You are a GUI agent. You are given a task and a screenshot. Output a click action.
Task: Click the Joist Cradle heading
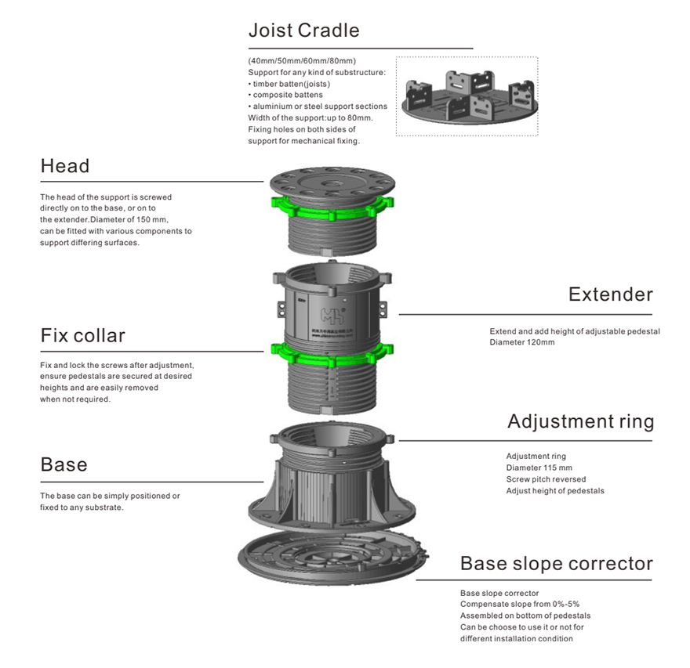pyautogui.click(x=303, y=31)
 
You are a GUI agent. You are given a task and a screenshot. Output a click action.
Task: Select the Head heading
pyautogui.click(x=65, y=166)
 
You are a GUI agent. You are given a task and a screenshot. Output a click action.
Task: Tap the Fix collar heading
pyautogui.click(x=82, y=336)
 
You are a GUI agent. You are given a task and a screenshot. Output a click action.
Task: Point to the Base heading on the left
pyautogui.click(x=64, y=465)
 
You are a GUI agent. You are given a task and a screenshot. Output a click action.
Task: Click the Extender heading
pyautogui.click(x=610, y=294)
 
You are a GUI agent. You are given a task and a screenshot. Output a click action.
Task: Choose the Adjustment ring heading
pyautogui.click(x=580, y=421)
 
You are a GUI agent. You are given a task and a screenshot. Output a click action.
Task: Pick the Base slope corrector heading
pyautogui.click(x=556, y=563)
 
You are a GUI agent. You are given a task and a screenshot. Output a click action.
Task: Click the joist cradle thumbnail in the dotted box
pyautogui.click(x=467, y=97)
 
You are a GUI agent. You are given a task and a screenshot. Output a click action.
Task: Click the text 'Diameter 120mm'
pyautogui.click(x=522, y=342)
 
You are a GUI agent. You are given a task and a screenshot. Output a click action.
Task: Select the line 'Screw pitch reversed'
pyautogui.click(x=546, y=479)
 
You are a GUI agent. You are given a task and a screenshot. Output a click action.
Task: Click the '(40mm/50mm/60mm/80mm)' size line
pyautogui.click(x=302, y=60)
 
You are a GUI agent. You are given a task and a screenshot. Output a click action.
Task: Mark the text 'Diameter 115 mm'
pyautogui.click(x=539, y=468)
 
